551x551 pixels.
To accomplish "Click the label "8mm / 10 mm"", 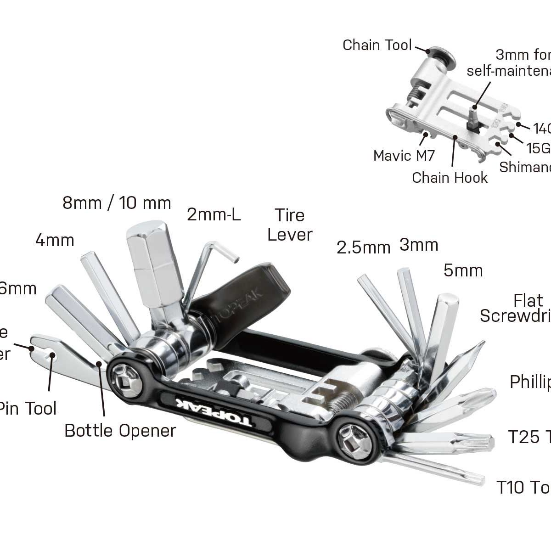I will [x=117, y=203].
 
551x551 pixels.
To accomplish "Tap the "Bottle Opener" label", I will [x=120, y=431].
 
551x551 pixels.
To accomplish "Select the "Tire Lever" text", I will [x=290, y=225].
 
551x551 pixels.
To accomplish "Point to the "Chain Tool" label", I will [x=377, y=45].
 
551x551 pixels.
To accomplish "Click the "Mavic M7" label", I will [x=404, y=156].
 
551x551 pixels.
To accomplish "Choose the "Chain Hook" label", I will [x=450, y=177].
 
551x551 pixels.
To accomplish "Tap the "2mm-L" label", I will [x=214, y=214].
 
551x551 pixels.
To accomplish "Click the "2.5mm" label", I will [x=363, y=247].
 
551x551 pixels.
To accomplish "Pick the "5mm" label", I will [x=463, y=270].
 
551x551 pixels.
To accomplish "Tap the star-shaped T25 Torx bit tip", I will [x=487, y=443].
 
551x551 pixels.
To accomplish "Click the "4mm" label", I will [x=55, y=240].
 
